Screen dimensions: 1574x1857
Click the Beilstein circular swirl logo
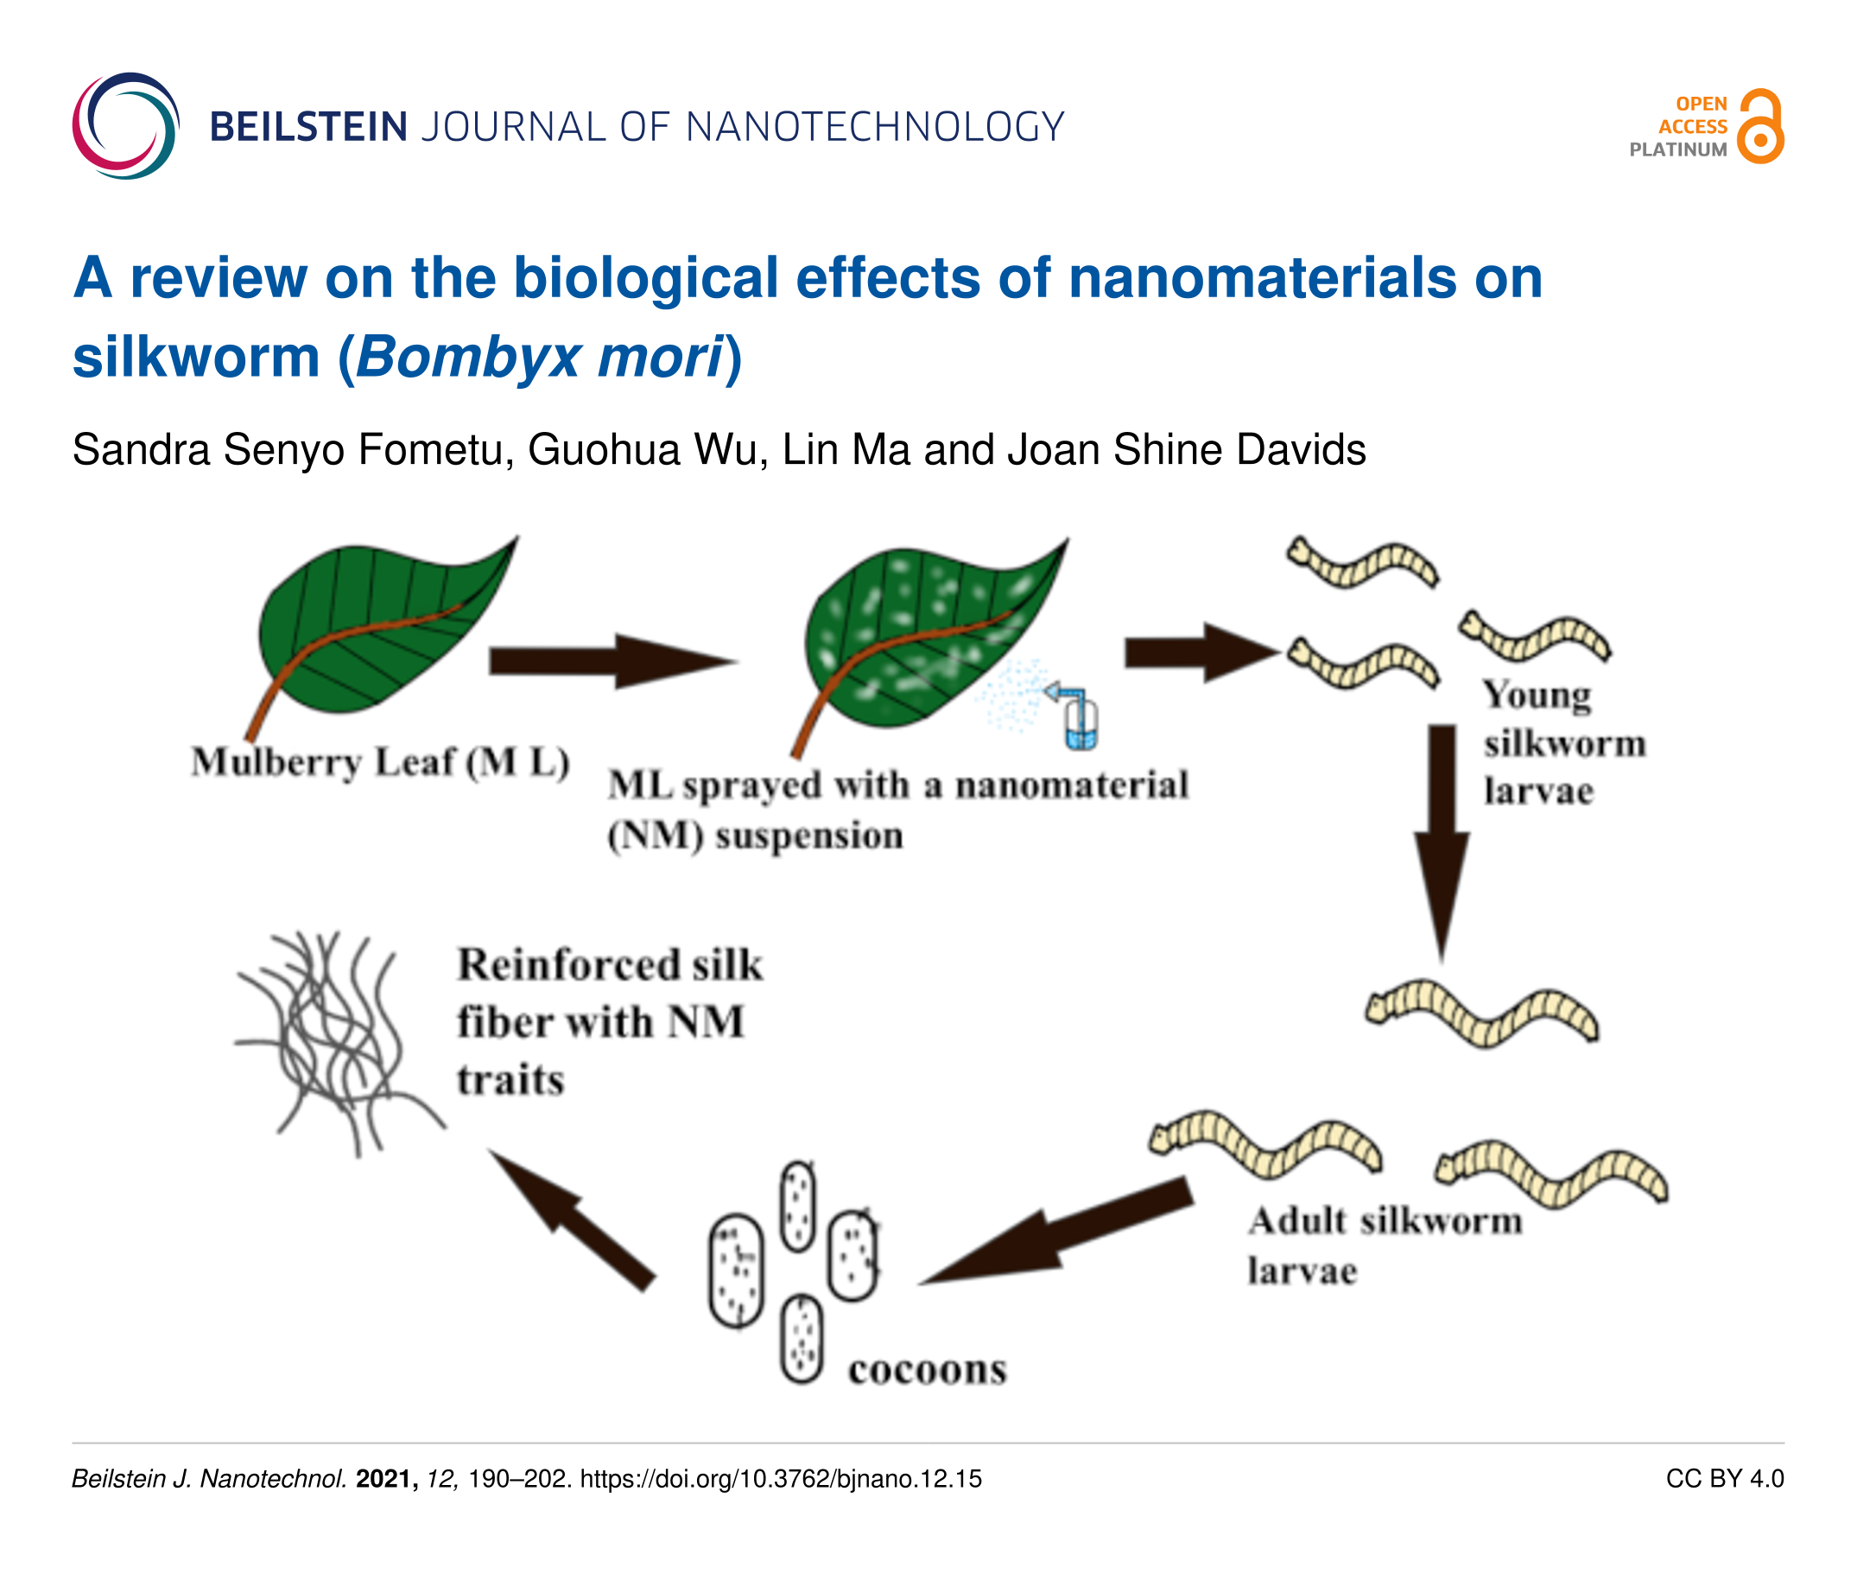click(126, 126)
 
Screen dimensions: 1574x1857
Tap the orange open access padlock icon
click(1759, 127)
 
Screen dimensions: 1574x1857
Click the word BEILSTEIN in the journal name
click(308, 127)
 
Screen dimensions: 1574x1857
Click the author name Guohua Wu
click(647, 449)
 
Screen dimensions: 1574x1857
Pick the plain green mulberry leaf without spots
click(375, 629)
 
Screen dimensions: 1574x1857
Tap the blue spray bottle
click(1080, 718)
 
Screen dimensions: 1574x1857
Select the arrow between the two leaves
click(612, 661)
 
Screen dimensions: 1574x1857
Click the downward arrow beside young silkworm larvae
click(1442, 839)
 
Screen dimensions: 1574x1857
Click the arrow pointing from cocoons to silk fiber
click(571, 1218)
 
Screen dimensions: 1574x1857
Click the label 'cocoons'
click(927, 1369)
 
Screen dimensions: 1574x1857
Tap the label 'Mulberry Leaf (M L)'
click(380, 763)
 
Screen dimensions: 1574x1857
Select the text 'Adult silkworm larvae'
click(1383, 1245)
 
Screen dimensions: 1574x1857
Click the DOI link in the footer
click(781, 1478)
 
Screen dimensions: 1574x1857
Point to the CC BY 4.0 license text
click(1724, 1478)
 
